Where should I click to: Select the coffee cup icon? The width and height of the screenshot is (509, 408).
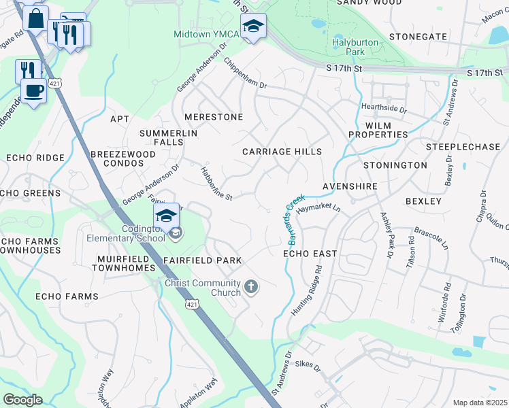click(x=33, y=90)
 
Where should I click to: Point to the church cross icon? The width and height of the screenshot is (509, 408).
click(x=251, y=286)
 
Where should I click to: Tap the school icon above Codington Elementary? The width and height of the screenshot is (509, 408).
click(x=166, y=216)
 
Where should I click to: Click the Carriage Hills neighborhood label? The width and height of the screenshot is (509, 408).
click(x=282, y=152)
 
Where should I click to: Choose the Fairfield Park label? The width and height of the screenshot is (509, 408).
click(x=202, y=260)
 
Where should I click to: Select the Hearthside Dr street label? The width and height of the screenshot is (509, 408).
click(x=384, y=109)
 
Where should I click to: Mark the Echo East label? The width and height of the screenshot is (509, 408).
click(x=310, y=254)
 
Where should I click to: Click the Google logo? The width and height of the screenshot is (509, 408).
click(x=22, y=400)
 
